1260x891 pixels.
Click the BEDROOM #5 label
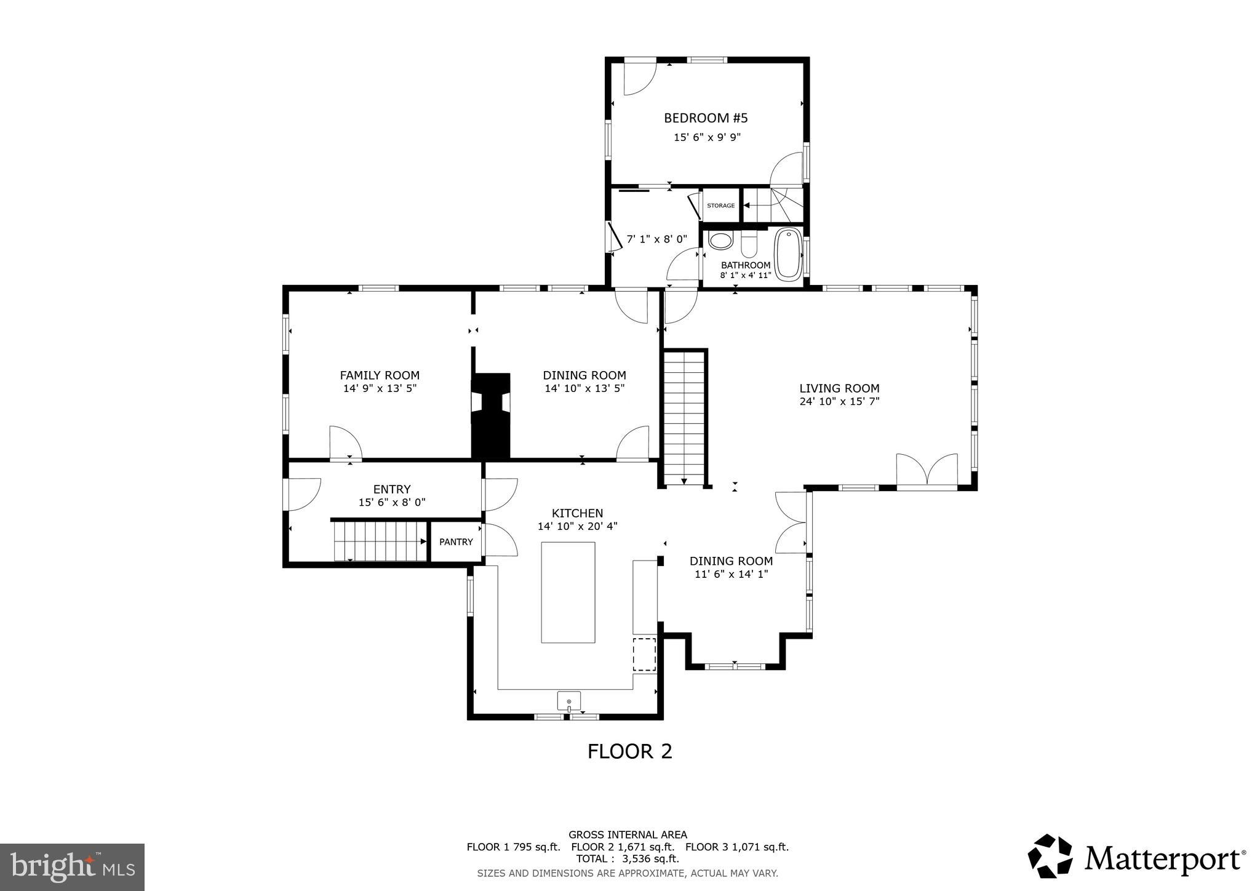pos(706,118)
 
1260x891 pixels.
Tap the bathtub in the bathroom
pos(789,254)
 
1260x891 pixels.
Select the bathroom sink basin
pos(720,240)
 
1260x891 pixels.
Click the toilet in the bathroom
pos(749,244)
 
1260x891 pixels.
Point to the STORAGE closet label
pos(720,206)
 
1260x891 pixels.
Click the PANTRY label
pos(456,541)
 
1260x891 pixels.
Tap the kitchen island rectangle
pos(568,592)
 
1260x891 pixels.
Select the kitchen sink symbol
pos(569,701)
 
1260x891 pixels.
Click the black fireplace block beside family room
pos(491,415)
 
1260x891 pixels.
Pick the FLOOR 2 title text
pos(629,751)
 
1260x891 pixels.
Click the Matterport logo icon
pos(1050,856)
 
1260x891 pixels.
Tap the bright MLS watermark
pos(72,867)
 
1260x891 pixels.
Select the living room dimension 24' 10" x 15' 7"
pos(839,401)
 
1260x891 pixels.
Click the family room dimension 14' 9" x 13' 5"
pos(380,388)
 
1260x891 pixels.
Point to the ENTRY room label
pos(392,489)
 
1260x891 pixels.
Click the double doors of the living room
pos(927,471)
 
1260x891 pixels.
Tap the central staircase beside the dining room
pos(684,417)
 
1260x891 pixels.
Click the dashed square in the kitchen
pos(645,654)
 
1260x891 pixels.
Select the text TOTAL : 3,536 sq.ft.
pos(628,858)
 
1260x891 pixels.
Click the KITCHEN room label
pos(577,513)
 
